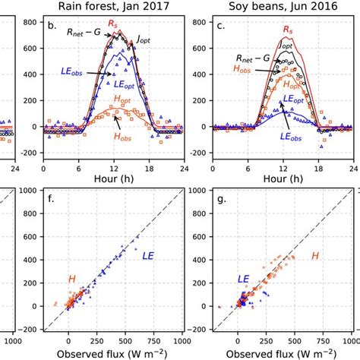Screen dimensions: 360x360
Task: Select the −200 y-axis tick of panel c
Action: [x=200, y=153]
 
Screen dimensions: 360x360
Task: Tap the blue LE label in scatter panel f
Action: [x=150, y=256]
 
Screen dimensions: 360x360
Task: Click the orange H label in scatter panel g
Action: [x=314, y=255]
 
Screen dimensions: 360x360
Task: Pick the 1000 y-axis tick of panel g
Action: [x=198, y=190]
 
